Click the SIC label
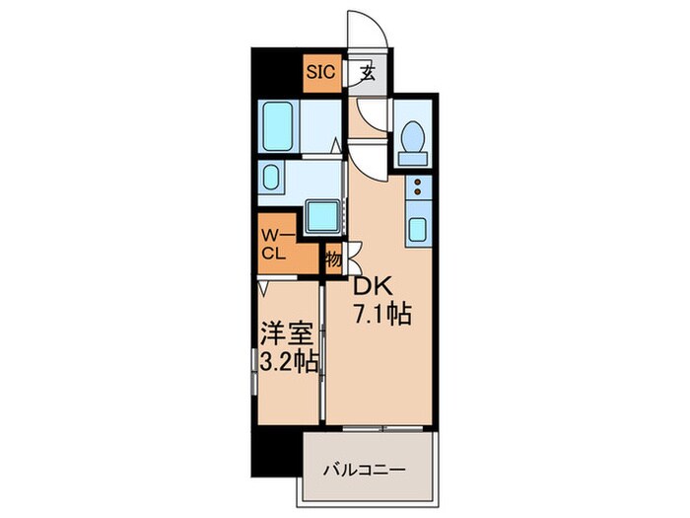[319, 71]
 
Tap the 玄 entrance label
[367, 72]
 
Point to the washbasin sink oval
[271, 180]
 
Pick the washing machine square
[321, 214]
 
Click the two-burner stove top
[417, 188]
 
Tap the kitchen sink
[417, 231]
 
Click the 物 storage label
[333, 259]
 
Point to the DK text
[373, 287]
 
